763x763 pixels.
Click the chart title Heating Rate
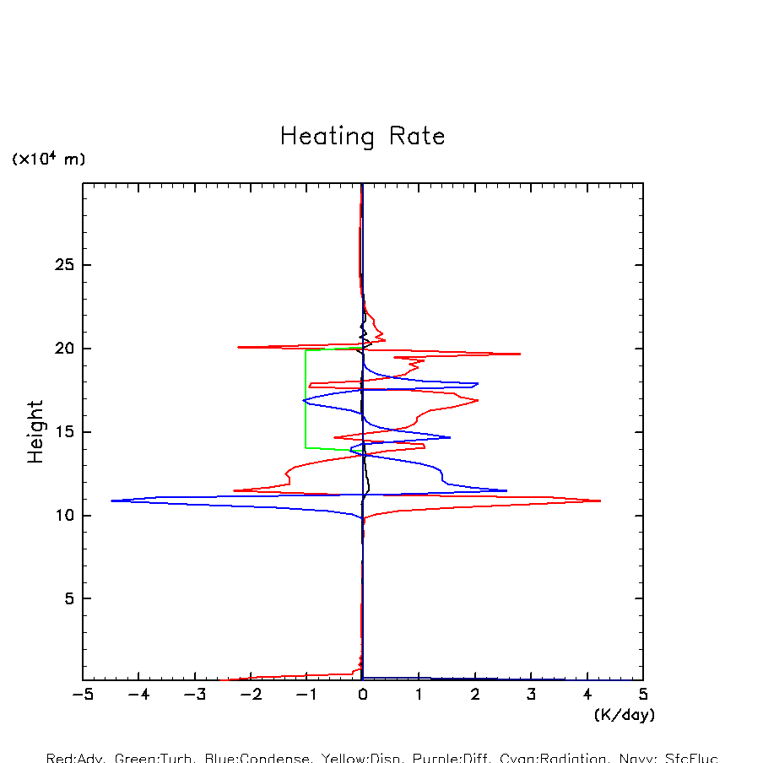pos(362,137)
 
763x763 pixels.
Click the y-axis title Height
pos(35,432)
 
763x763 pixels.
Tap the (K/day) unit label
pos(625,715)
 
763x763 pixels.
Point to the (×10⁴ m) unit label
pos(48,159)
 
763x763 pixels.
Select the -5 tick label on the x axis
pos(82,695)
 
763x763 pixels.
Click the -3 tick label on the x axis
pos(194,695)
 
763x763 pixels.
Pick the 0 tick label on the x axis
pos(363,695)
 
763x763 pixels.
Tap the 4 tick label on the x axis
pos(587,695)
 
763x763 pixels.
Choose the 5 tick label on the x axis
pos(643,695)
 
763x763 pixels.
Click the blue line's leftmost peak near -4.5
pos(112,501)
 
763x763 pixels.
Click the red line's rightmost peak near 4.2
pos(599,501)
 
